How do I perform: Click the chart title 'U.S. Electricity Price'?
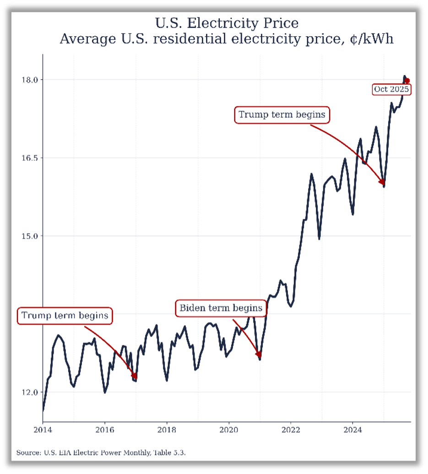pyautogui.click(x=227, y=23)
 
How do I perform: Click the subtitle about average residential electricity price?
pyautogui.click(x=227, y=39)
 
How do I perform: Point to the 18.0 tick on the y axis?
pyautogui.click(x=30, y=80)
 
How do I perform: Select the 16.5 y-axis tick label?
pyautogui.click(x=30, y=158)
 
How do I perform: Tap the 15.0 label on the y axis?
pyautogui.click(x=30, y=236)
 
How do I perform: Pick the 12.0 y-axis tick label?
pyautogui.click(x=30, y=392)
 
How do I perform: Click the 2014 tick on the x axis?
pyautogui.click(x=43, y=430)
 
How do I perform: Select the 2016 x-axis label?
pyautogui.click(x=105, y=430)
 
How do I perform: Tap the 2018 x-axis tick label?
pyautogui.click(x=167, y=430)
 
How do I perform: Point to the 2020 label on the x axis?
pyautogui.click(x=229, y=430)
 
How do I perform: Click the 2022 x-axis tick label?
pyautogui.click(x=291, y=430)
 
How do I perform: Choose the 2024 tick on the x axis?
pyautogui.click(x=352, y=430)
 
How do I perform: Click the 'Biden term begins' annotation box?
pyautogui.click(x=221, y=308)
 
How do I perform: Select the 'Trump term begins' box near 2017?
pyautogui.click(x=65, y=316)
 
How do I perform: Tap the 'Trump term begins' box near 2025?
pyautogui.click(x=282, y=114)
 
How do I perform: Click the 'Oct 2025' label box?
pyautogui.click(x=391, y=89)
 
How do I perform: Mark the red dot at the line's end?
pyautogui.click(x=407, y=81)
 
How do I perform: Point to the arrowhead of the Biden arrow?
pyautogui.click(x=259, y=354)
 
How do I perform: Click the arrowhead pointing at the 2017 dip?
pyautogui.click(x=134, y=376)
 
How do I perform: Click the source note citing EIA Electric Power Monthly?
pyautogui.click(x=101, y=452)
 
